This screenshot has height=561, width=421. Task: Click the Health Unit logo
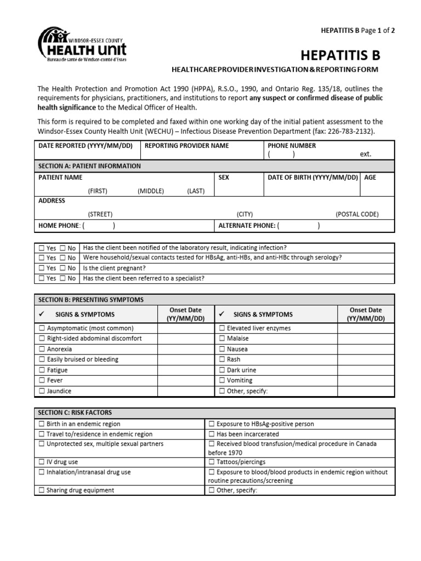pyautogui.click(x=82, y=45)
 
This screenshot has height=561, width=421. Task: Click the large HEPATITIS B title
pyautogui.click(x=340, y=55)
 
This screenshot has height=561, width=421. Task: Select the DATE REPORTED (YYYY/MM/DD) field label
pyautogui.click(x=86, y=146)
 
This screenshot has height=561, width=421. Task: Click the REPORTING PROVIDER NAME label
pyautogui.click(x=186, y=146)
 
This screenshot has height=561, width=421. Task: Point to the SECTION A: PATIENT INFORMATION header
pyautogui.click(x=89, y=166)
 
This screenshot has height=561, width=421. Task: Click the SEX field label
pyautogui.click(x=224, y=178)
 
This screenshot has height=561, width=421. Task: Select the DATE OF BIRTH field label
pyautogui.click(x=312, y=178)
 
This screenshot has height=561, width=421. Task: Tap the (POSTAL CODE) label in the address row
pyautogui.click(x=357, y=214)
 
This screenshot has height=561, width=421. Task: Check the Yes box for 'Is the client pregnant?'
pyautogui.click(x=42, y=268)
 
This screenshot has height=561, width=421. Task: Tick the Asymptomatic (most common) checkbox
pyautogui.click(x=42, y=328)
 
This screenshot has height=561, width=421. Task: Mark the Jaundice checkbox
pyautogui.click(x=42, y=391)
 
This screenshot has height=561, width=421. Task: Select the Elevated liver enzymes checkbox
pyautogui.click(x=222, y=328)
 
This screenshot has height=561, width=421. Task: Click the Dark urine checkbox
pyautogui.click(x=222, y=370)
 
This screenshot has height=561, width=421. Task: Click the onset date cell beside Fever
pyautogui.click(x=186, y=381)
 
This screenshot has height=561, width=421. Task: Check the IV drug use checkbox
pyautogui.click(x=42, y=462)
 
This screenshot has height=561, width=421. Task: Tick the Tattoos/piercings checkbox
pyautogui.click(x=212, y=462)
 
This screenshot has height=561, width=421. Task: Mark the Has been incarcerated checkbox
pyautogui.click(x=212, y=434)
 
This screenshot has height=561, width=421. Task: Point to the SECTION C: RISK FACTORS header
pyautogui.click(x=75, y=413)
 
